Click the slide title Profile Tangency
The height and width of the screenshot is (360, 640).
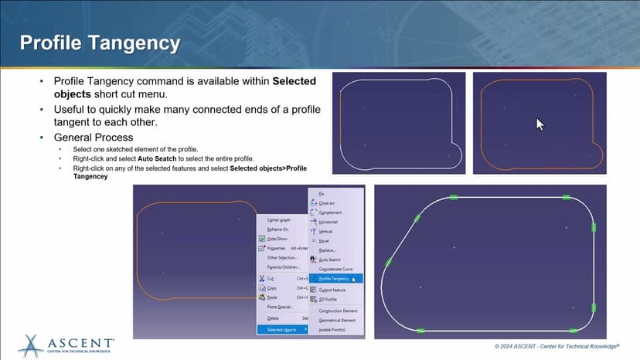[100, 42]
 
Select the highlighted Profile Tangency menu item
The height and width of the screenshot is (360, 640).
[334, 279]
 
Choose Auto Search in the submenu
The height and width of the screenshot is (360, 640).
[329, 260]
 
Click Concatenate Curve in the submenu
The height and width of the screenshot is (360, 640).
[336, 269]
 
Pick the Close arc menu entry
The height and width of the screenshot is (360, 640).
[326, 202]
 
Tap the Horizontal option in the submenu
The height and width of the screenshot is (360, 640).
[328, 222]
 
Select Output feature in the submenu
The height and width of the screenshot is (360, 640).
[333, 289]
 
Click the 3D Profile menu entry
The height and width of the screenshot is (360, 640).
[328, 299]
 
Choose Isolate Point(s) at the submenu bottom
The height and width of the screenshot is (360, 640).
[332, 329]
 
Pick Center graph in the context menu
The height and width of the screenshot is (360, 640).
[278, 220]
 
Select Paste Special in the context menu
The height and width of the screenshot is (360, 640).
[279, 307]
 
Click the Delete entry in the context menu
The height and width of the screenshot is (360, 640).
[273, 318]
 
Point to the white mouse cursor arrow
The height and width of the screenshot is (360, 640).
[540, 124]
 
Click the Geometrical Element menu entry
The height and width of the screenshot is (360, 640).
[338, 320]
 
